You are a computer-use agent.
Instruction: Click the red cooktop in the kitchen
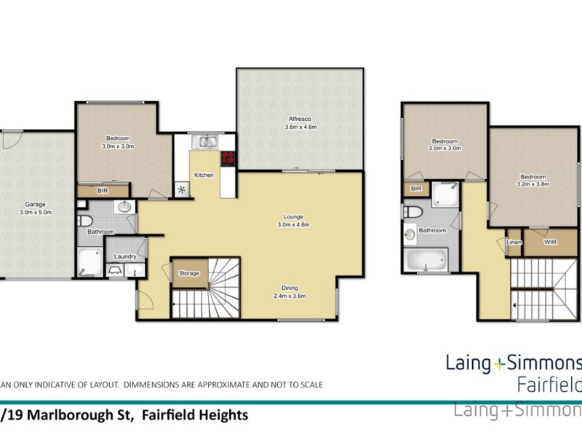(228, 158)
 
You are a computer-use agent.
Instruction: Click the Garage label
(31, 205)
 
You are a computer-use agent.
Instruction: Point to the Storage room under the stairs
(189, 273)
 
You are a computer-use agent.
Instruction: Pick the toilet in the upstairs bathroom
(412, 212)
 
